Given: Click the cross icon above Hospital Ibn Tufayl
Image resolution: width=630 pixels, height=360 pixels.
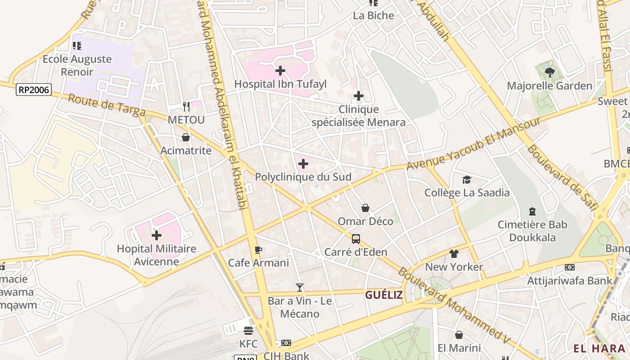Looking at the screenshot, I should (280, 71).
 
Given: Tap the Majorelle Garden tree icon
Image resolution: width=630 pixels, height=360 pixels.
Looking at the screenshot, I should (549, 72).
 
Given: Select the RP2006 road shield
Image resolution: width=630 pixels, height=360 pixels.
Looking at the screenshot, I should (34, 90).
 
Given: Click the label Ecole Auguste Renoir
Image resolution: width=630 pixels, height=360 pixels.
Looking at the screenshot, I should (77, 65).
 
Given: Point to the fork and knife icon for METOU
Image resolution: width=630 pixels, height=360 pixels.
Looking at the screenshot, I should (186, 107).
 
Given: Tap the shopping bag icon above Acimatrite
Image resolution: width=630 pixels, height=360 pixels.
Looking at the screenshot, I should (186, 137).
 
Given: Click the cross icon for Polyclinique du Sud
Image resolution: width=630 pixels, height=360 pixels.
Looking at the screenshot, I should (303, 164).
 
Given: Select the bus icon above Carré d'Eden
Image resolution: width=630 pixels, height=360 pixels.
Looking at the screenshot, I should (355, 238).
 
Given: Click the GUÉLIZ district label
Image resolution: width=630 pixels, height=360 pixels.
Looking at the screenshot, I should (383, 295).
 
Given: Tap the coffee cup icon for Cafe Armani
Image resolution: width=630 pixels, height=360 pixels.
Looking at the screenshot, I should (258, 250).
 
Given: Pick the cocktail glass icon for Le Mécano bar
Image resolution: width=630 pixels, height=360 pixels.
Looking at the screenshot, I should (299, 287).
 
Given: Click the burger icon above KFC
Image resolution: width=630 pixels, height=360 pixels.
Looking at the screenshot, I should (248, 331).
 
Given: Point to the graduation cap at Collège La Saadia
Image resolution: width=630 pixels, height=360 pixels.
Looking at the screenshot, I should (467, 180).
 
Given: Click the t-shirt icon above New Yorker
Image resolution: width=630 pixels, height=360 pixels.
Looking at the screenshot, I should (454, 254).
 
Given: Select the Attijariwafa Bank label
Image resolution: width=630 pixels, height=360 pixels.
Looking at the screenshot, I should (570, 280).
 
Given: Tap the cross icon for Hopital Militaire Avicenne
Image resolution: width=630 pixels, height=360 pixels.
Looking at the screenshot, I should (156, 235).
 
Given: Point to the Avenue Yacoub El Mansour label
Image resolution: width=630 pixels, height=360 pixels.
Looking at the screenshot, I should (473, 144).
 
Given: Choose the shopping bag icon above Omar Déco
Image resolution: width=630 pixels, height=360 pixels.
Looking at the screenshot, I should (365, 208).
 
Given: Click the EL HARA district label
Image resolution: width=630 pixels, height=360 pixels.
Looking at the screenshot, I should (599, 348).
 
